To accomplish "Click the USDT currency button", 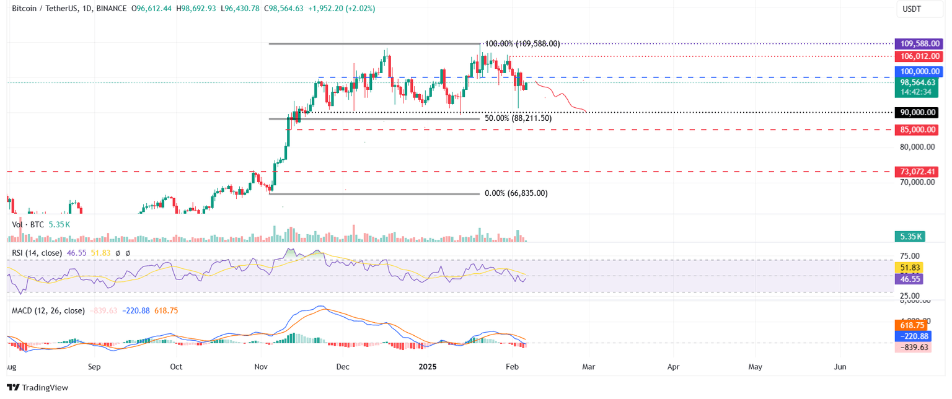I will pyautogui.click(x=912, y=9).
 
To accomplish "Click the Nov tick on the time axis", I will pyautogui.click(x=262, y=367).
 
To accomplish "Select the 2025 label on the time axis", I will pyautogui.click(x=427, y=367).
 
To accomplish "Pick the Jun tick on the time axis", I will pyautogui.click(x=840, y=367).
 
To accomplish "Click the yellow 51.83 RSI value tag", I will pyautogui.click(x=909, y=268).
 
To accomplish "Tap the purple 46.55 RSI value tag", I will pyautogui.click(x=909, y=279).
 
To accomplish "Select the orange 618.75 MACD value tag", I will pyautogui.click(x=909, y=325).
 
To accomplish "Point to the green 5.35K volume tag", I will pyautogui.click(x=909, y=236).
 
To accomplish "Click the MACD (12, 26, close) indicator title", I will pyautogui.click(x=48, y=310).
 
